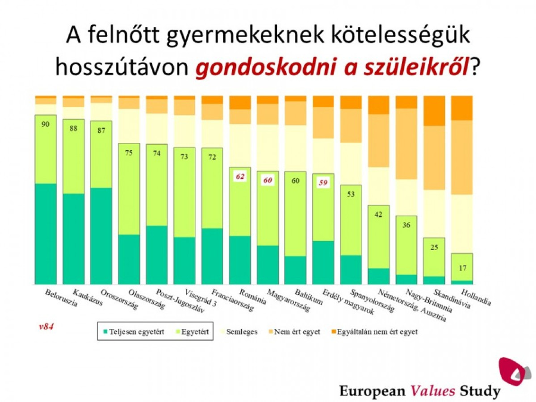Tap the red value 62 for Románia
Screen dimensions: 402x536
[x=240, y=176]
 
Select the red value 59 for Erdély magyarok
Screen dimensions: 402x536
[x=323, y=182]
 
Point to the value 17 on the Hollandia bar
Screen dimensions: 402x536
[x=462, y=268]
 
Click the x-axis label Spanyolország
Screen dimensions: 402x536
[x=367, y=302]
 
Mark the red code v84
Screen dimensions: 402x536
[x=46, y=326]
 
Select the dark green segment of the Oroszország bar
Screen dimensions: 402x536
[x=101, y=235]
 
